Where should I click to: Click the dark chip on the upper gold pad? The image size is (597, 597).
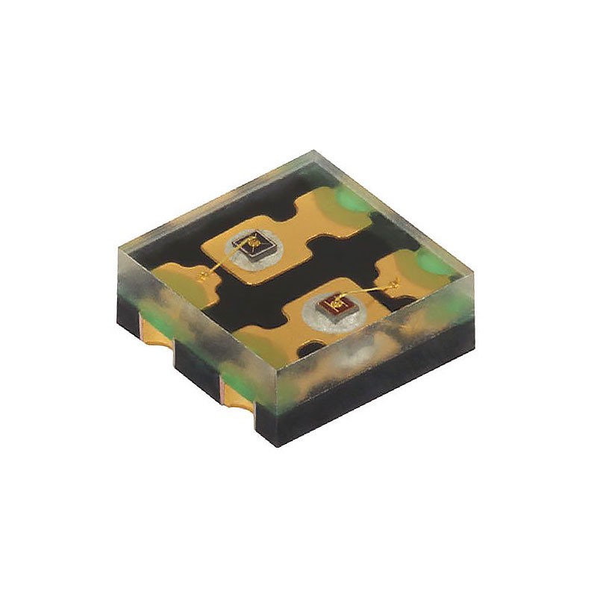[x=254, y=246]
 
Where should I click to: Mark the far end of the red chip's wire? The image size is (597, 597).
[x=393, y=283]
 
